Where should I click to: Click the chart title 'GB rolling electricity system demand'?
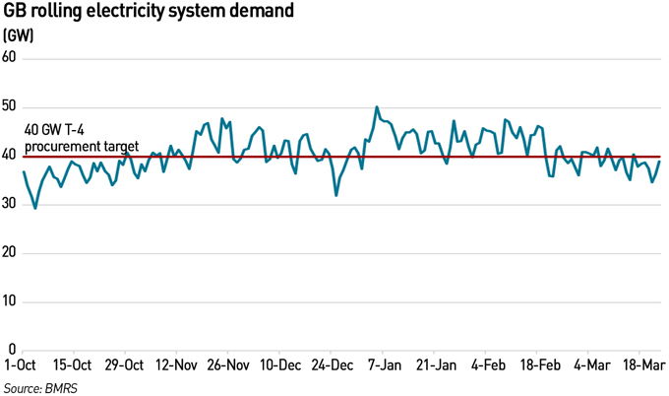(149, 12)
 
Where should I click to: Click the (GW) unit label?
(19, 34)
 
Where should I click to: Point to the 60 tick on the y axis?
(10, 58)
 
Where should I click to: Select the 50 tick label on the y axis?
(10, 106)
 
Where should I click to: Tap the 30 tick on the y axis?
(10, 204)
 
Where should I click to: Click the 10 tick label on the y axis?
(10, 300)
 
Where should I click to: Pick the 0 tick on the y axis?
(13, 350)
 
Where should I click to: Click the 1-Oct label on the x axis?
(21, 365)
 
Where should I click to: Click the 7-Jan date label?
(384, 365)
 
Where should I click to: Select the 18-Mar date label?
(640, 365)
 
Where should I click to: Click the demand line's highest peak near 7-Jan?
(377, 107)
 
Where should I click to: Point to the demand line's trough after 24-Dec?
(336, 195)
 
